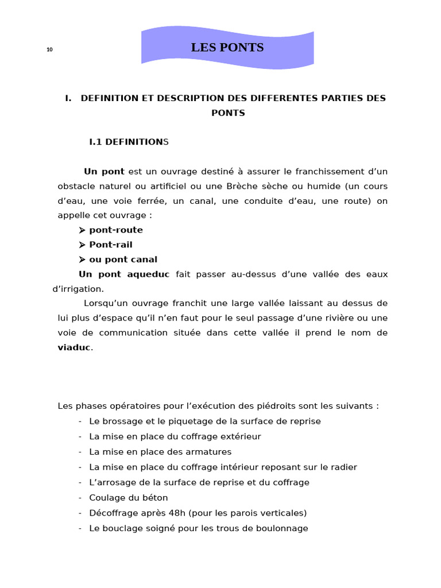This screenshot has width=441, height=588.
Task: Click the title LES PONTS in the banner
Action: tap(227, 48)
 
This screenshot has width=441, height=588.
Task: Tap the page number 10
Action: tap(49, 50)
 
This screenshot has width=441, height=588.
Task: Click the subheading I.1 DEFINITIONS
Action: tap(129, 141)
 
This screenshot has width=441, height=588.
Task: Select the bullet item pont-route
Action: tap(116, 230)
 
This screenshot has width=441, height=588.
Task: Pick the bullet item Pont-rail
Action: tap(111, 245)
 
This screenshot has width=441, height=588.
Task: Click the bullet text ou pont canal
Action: tap(123, 260)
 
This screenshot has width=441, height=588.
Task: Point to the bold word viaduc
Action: tap(74, 347)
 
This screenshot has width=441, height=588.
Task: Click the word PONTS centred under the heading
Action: tap(228, 113)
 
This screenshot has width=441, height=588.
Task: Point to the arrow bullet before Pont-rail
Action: tap(82, 245)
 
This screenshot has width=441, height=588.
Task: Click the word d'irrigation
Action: tap(78, 289)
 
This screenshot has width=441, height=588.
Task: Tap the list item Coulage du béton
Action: tap(129, 498)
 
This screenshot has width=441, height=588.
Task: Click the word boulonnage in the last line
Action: tap(281, 528)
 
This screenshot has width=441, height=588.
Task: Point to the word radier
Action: tap(343, 467)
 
